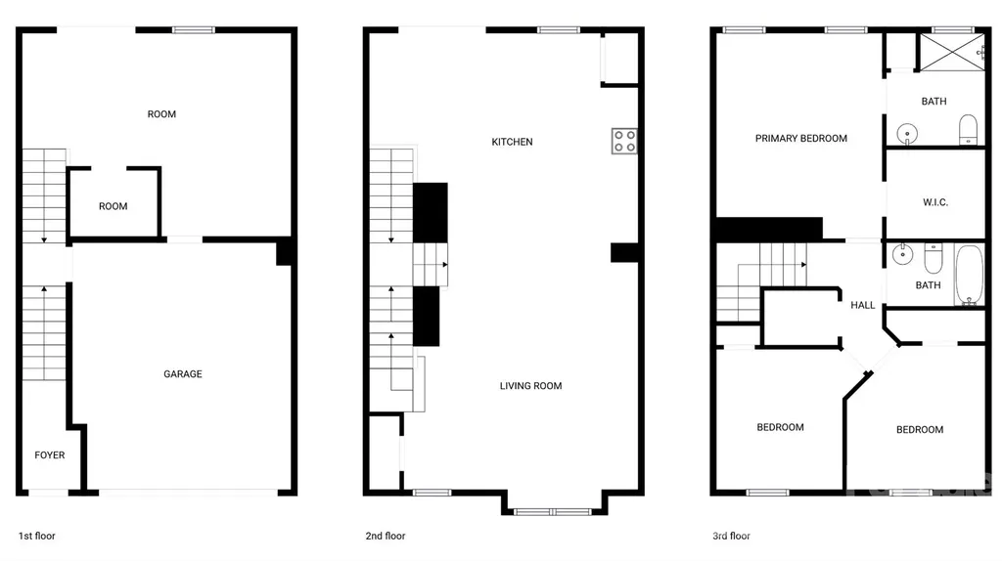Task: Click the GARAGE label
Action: [183, 374]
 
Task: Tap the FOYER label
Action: [50, 455]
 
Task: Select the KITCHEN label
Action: [512, 142]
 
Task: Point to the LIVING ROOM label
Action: [531, 385]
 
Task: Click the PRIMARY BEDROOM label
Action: [801, 138]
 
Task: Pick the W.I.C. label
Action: [935, 202]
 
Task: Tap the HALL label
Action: [863, 305]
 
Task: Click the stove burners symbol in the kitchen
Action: [624, 141]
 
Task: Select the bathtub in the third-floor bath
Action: [970, 275]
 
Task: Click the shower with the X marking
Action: [951, 52]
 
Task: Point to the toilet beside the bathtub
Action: [934, 257]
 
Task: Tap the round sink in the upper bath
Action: [907, 134]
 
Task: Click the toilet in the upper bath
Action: [968, 130]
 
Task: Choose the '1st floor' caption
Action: [37, 537]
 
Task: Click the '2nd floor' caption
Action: [386, 537]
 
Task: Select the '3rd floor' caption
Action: [732, 537]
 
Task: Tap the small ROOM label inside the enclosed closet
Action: [114, 206]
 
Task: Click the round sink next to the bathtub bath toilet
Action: [902, 254]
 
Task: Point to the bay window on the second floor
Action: [554, 511]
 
